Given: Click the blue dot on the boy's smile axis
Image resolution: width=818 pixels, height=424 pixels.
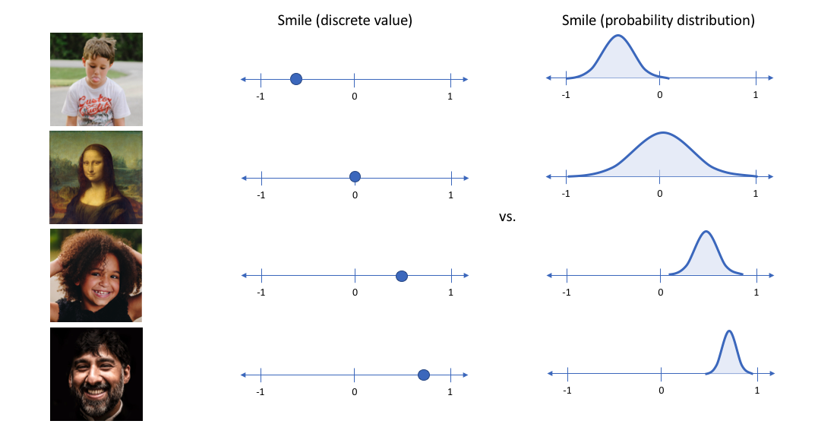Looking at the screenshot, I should tap(296, 79).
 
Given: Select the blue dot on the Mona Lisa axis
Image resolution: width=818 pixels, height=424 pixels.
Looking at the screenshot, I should tap(355, 177).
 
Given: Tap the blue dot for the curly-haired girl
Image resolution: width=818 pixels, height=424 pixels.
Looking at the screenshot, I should tap(402, 276).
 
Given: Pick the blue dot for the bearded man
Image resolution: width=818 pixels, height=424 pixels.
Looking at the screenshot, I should tap(424, 375).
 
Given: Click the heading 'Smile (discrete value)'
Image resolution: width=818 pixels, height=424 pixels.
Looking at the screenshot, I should tap(345, 21).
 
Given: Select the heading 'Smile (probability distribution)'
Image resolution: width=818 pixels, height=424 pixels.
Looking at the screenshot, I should tap(658, 21).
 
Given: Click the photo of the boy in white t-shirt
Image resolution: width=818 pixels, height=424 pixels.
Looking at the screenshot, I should tap(96, 79).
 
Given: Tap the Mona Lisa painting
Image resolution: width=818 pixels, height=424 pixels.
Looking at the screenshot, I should tap(96, 177).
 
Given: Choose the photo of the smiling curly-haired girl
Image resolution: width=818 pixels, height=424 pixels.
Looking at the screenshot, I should tap(96, 276).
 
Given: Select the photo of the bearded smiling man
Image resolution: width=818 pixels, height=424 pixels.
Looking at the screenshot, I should tap(96, 374).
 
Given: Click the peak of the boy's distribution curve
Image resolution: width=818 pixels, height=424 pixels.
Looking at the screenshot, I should tap(619, 36).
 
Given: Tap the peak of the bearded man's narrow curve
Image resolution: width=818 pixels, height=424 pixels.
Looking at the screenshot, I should tap(729, 331).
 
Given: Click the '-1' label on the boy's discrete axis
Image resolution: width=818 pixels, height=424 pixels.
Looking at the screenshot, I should tap(261, 97).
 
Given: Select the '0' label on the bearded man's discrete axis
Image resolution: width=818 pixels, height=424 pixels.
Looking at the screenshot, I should tap(355, 392).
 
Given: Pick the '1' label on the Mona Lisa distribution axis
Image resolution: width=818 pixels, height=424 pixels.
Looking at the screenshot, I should tap(756, 193).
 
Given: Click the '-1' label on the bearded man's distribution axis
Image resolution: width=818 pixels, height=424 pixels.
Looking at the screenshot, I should tap(567, 390).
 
